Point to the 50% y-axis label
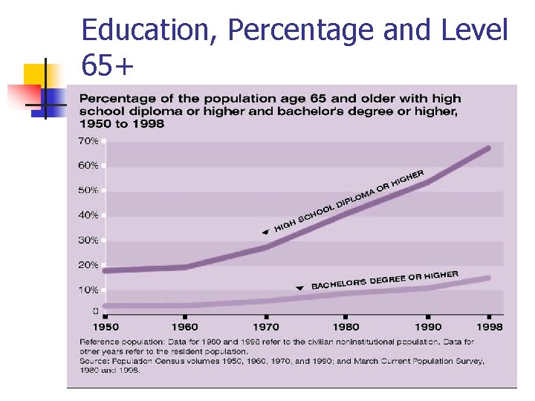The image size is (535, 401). point(88,190)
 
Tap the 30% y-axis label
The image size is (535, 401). point(88,240)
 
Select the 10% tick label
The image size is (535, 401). point(88,290)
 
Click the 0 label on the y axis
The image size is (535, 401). point(95,310)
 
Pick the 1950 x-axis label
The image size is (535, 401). point(106,327)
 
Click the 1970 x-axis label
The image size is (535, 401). point(266,327)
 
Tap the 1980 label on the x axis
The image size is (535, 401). point(346,327)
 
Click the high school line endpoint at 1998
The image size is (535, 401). point(488,148)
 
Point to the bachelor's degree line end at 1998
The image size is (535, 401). point(488,278)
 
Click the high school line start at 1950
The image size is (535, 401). point(106,270)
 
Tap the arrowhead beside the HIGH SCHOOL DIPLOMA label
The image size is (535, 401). point(265,232)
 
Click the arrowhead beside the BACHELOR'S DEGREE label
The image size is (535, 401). point(299,287)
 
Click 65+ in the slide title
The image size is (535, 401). point(107,67)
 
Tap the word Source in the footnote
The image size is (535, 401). point(95,361)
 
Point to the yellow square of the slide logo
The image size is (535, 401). point(37,75)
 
